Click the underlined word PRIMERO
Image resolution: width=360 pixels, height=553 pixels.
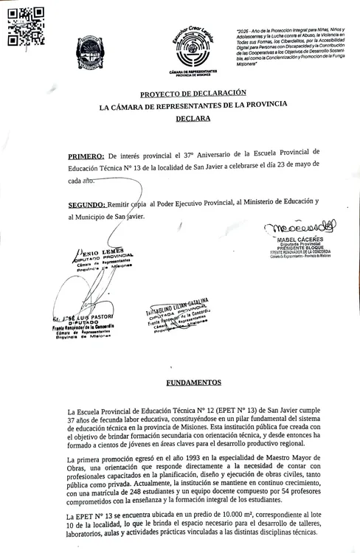[86, 157]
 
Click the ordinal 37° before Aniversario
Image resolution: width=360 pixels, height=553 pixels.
[193, 157]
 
